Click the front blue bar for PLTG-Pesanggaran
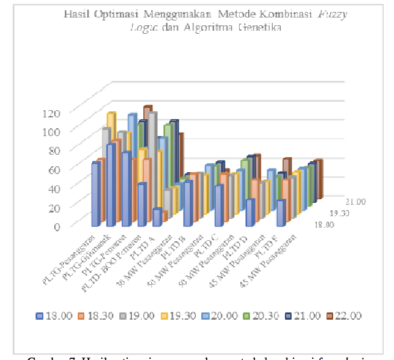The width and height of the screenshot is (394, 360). pos(95,193)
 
